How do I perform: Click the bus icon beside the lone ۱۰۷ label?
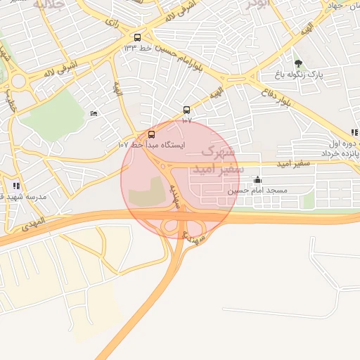point(186,110)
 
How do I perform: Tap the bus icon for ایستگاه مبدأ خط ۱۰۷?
point(152,134)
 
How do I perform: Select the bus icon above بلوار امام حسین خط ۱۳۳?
point(137,37)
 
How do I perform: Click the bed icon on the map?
point(94,114)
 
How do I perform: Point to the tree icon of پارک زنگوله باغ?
point(298,63)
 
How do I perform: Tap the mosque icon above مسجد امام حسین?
point(257,180)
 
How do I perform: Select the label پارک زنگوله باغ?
point(298,75)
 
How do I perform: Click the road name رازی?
point(111,22)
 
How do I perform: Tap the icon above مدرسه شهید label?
point(16,186)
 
